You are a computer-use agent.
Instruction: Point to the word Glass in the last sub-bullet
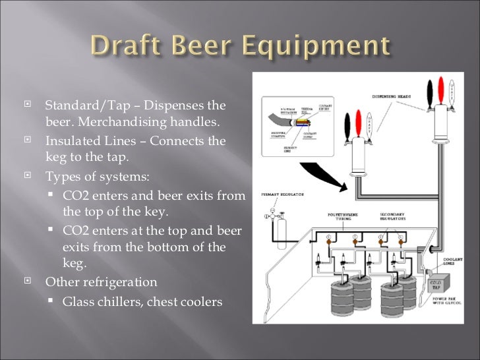tap(78, 303)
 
